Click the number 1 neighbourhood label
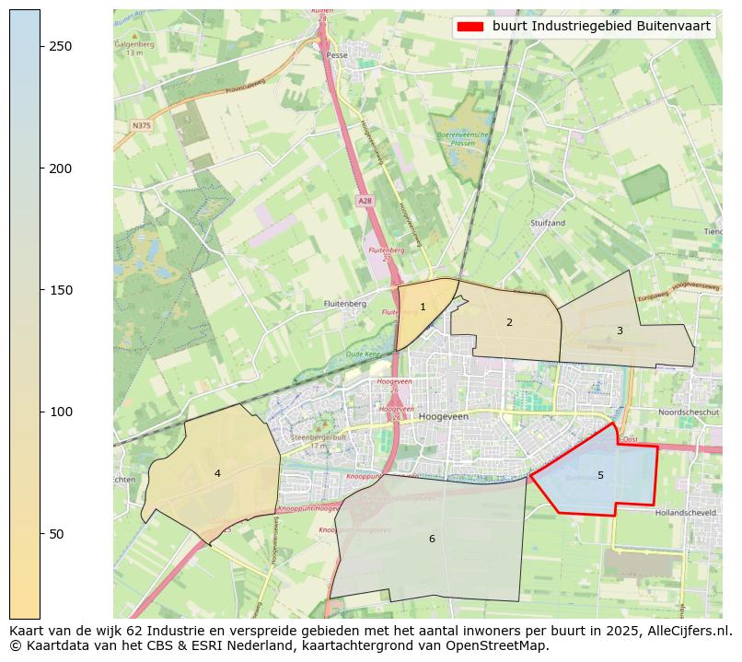[x=423, y=308]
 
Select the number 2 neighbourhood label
[x=509, y=322]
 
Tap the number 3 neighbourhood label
[x=620, y=331]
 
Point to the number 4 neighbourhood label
[x=217, y=473]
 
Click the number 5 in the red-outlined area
[x=600, y=475]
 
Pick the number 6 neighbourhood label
[x=432, y=539]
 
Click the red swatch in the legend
[x=470, y=27]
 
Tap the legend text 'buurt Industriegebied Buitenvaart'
[x=601, y=27]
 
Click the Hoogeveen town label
[x=444, y=416]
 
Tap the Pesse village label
[x=335, y=55]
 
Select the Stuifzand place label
[x=548, y=223]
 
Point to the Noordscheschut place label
[x=689, y=412]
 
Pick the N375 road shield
[x=141, y=125]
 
